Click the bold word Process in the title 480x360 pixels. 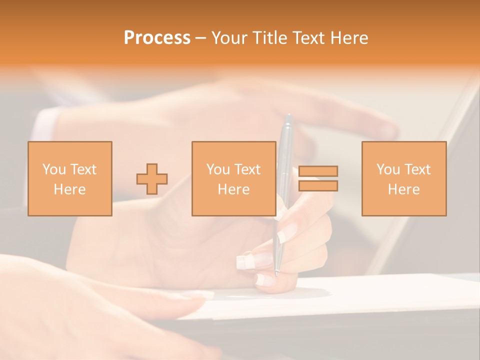coord(157,38)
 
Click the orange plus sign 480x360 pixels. coord(152,179)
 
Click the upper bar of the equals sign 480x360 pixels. coord(318,171)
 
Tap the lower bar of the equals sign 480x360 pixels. coord(318,186)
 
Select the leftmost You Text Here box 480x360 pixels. coord(69,178)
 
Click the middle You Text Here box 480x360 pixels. coord(233,178)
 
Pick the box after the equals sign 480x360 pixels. coord(403,178)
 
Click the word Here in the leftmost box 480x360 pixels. coord(69,189)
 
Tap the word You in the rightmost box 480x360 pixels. coord(387,169)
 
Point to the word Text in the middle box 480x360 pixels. coord(247,169)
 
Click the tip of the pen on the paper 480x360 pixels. coord(276,273)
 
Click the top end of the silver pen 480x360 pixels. coord(287,117)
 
